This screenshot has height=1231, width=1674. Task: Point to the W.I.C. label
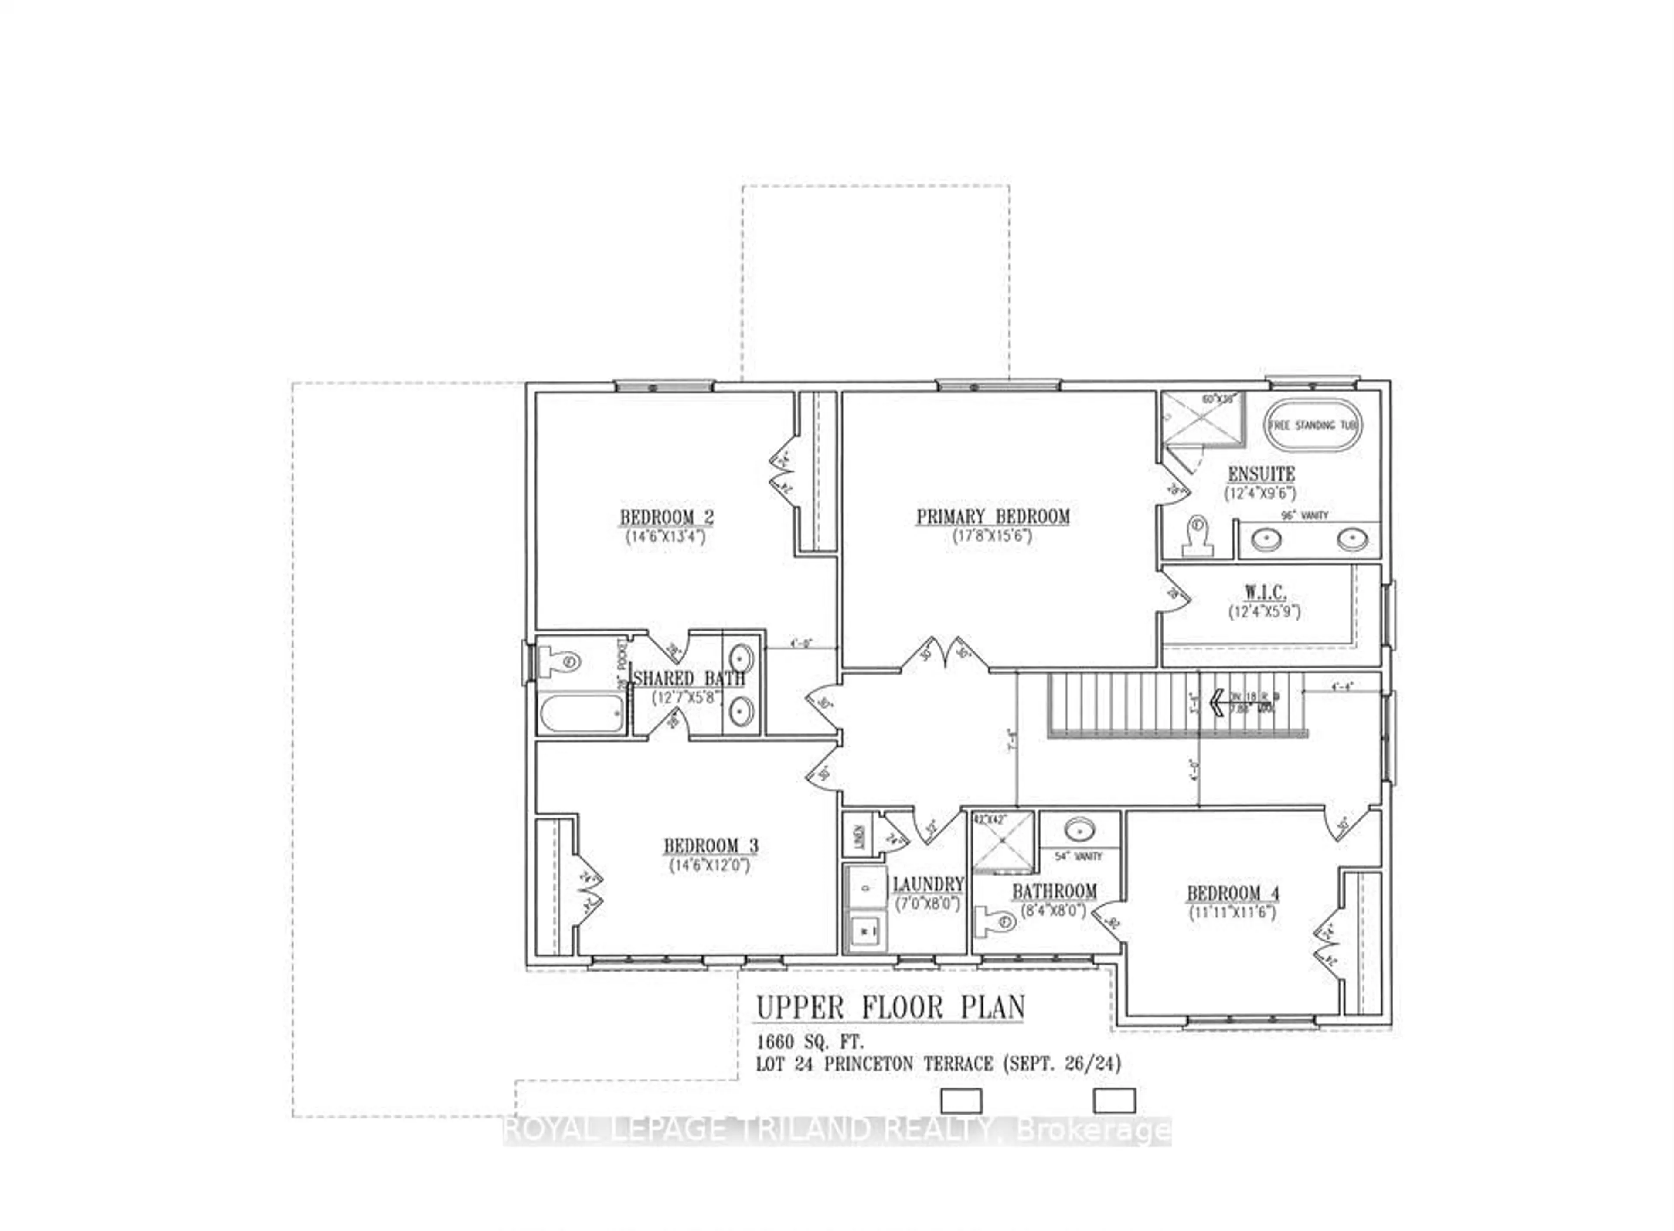(1265, 593)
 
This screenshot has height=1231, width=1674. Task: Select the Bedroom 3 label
(710, 846)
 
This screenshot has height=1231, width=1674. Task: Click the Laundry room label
(928, 884)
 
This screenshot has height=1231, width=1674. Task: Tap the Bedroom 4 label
(1233, 893)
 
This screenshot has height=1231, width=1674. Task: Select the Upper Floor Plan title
(890, 1008)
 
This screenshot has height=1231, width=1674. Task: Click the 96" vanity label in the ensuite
(1304, 515)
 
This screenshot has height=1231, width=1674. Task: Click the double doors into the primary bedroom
(946, 656)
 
